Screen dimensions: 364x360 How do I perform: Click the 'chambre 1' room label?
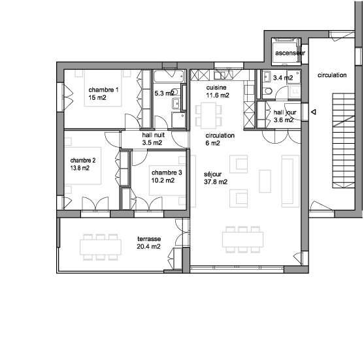[103, 90]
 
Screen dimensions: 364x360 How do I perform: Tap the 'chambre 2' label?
[83, 160]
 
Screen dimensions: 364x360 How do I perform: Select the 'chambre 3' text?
[167, 172]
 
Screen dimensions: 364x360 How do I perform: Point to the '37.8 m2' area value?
[216, 182]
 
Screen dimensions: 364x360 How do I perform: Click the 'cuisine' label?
[216, 88]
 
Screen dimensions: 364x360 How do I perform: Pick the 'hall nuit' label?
[154, 135]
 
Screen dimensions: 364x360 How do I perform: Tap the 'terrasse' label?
[149, 239]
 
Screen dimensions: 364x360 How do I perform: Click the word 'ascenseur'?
[290, 53]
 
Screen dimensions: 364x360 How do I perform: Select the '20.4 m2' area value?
[148, 247]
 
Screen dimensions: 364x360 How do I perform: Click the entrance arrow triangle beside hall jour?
[314, 112]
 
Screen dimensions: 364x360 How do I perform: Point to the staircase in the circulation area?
[344, 140]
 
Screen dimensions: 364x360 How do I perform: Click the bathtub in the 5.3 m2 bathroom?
[170, 76]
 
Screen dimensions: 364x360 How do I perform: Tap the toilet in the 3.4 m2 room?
[268, 91]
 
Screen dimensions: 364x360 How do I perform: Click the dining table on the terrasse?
[101, 247]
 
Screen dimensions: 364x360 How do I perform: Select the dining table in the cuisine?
[208, 116]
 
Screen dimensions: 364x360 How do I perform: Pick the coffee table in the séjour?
[265, 181]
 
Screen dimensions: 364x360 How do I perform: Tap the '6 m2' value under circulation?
[212, 143]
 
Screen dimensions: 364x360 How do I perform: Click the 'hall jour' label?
[285, 112]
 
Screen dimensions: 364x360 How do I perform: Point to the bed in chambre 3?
[167, 180]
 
